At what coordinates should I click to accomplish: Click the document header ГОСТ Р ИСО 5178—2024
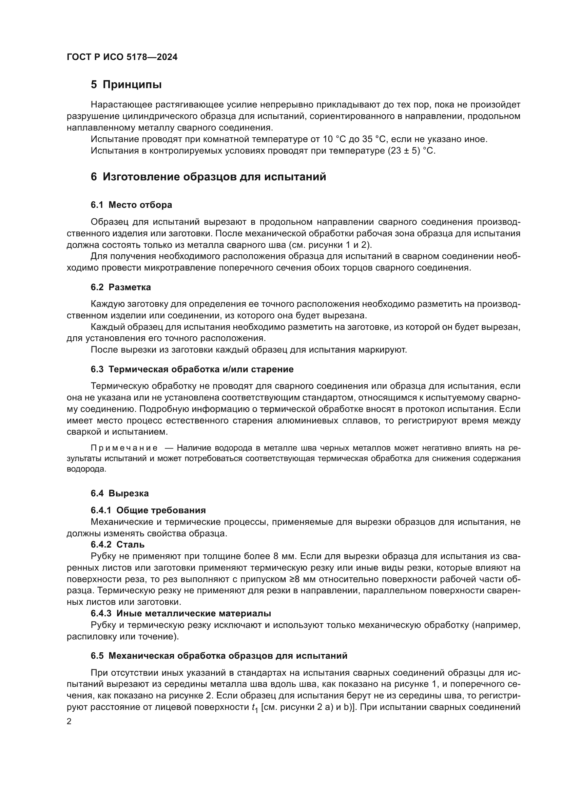pos(122,57)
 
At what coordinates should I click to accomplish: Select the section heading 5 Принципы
pos(126,85)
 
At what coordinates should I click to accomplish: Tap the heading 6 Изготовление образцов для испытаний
pos(208,177)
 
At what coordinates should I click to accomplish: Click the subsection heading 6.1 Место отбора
pos(131,205)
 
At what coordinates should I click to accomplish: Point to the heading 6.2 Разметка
pos(120,287)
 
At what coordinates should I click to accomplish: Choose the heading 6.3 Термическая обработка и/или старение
pos(192,369)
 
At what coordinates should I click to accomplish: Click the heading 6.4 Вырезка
pos(119,493)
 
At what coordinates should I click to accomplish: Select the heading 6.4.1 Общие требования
pos(148,510)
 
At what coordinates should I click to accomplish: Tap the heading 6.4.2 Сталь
pos(117,544)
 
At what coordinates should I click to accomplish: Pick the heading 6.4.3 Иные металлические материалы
pos(181,613)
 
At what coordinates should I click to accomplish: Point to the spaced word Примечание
pos(124,448)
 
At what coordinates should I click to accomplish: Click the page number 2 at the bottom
pos(69,721)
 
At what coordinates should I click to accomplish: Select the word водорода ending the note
pos(86,469)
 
